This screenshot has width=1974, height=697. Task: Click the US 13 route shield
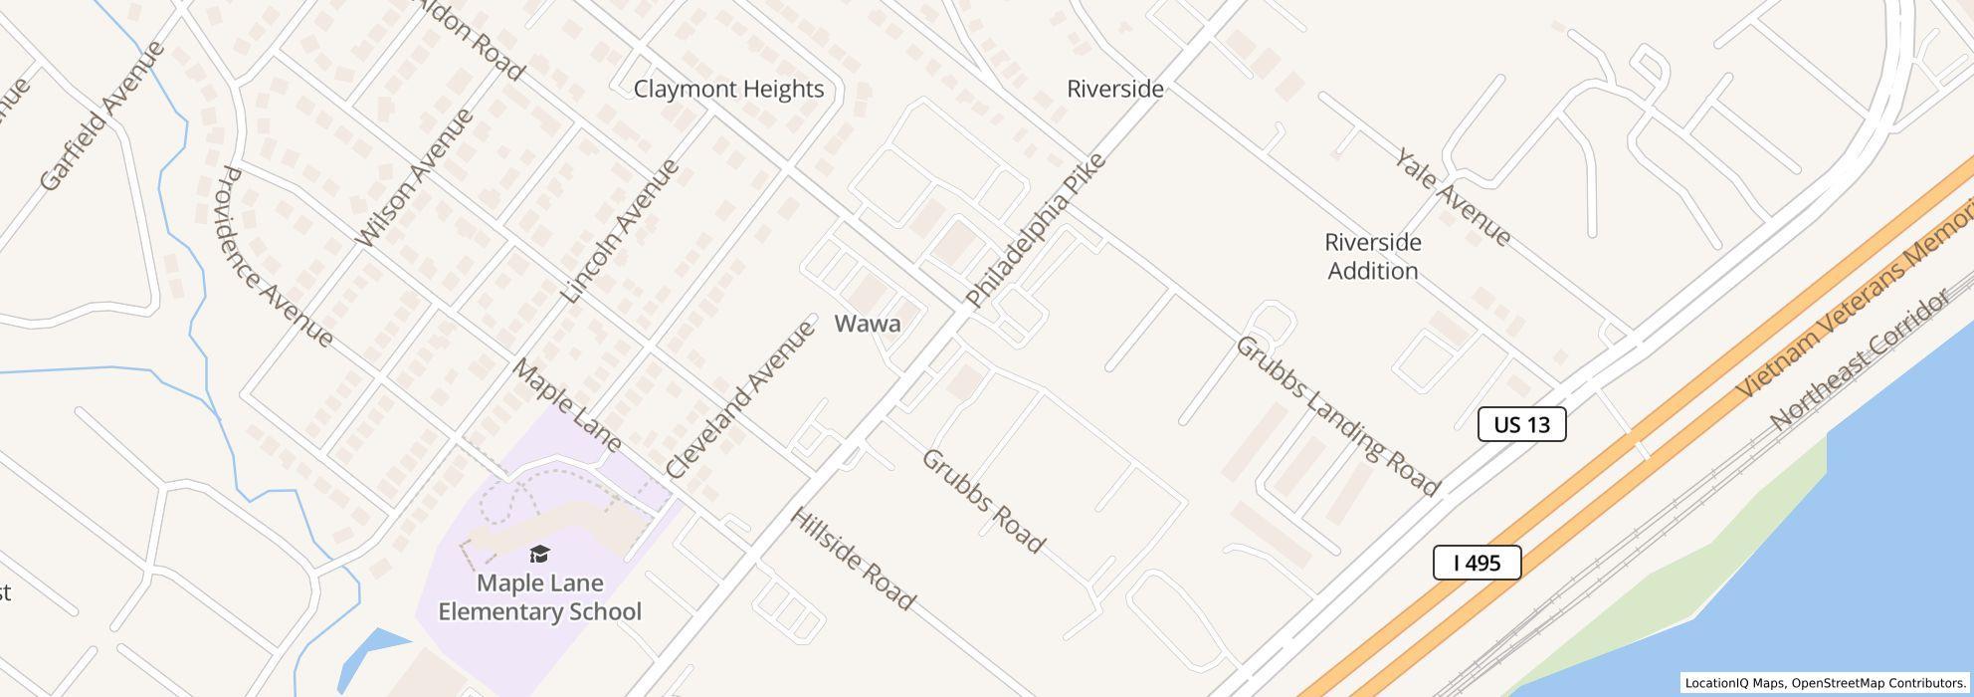1521,424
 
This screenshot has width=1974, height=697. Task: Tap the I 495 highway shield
1477,563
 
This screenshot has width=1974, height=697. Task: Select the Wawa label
867,324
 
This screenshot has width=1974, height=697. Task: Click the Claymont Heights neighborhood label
728,89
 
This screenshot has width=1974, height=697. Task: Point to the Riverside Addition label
1372,257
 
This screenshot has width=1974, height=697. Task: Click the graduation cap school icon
539,555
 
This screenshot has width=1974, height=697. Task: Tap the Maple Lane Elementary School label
539,597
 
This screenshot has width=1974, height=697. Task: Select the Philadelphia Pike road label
1036,230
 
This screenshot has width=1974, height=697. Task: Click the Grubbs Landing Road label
1337,415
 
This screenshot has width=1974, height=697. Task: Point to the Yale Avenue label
1452,197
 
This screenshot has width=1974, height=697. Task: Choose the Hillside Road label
852,559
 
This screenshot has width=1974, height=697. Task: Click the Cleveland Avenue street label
740,399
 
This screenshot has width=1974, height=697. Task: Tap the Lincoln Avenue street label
620,230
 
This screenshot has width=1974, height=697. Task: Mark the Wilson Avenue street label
414,176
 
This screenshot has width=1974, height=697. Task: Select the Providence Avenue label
275,257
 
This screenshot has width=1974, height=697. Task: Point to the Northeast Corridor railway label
1861,359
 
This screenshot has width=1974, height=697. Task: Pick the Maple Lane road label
566,405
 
